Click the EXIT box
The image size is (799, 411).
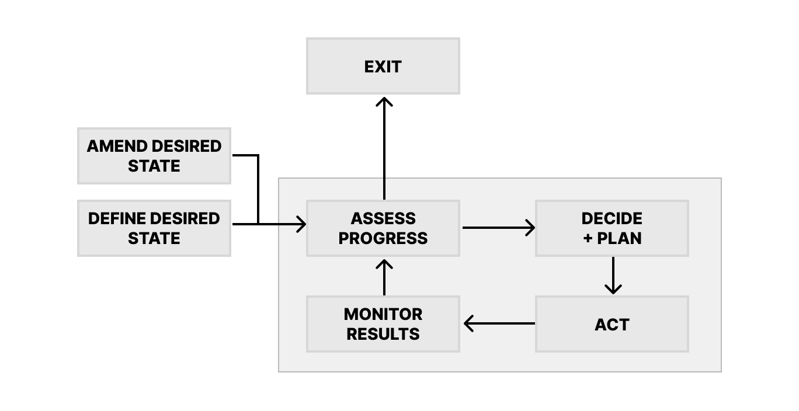pyautogui.click(x=383, y=66)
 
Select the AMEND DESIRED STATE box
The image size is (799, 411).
pyautogui.click(x=154, y=156)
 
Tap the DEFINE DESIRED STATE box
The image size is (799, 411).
pyautogui.click(x=154, y=228)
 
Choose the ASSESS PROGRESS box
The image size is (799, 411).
pyautogui.click(x=383, y=228)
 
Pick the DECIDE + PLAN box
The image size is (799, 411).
pyautogui.click(x=612, y=228)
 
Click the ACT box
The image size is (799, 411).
pyautogui.click(x=612, y=324)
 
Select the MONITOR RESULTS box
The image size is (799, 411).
pyautogui.click(x=383, y=324)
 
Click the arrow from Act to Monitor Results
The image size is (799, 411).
pyautogui.click(x=499, y=323)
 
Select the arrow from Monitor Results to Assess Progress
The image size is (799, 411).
pyautogui.click(x=384, y=277)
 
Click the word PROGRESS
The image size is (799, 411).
pyautogui.click(x=383, y=238)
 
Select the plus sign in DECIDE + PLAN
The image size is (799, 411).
pyautogui.click(x=588, y=238)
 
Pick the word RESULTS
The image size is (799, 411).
pyautogui.click(x=383, y=334)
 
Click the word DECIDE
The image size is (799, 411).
pyautogui.click(x=612, y=218)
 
